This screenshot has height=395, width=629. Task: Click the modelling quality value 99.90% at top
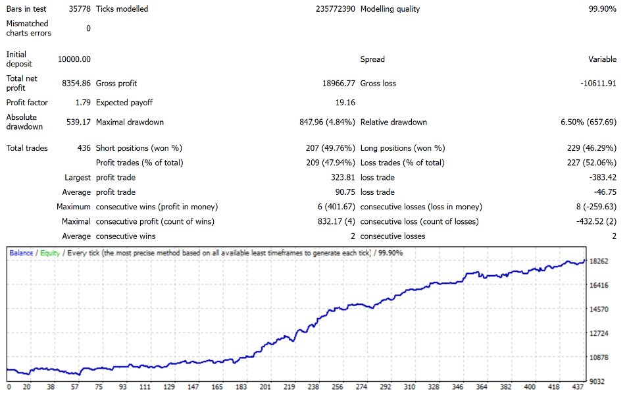click(602, 9)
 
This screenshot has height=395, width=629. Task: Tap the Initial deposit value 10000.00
click(74, 59)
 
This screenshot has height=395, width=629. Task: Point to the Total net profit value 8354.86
click(76, 84)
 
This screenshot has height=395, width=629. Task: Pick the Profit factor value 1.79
click(83, 103)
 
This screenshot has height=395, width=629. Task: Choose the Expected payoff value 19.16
click(345, 103)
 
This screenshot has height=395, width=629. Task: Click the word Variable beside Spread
click(602, 59)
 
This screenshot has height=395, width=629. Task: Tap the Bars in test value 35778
click(80, 9)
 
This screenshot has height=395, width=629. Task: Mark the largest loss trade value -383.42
click(602, 177)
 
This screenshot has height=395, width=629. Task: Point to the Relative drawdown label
click(393, 122)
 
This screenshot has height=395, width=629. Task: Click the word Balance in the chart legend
click(22, 253)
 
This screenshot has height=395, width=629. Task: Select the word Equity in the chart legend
click(51, 253)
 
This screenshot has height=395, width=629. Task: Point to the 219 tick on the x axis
click(289, 388)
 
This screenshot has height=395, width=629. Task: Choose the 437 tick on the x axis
click(576, 388)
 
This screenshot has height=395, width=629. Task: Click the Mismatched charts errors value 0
click(88, 28)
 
